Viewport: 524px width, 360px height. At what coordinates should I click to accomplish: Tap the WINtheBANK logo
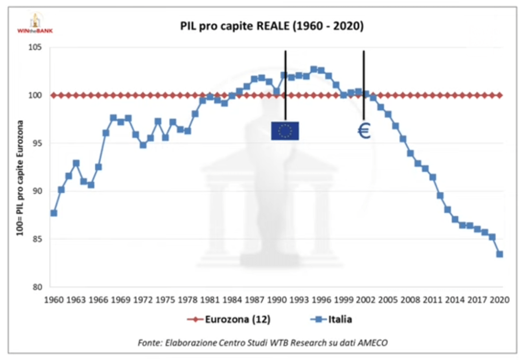click(35, 24)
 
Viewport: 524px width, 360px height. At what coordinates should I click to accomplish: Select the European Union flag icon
click(285, 131)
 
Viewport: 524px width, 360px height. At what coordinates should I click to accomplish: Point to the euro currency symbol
click(364, 131)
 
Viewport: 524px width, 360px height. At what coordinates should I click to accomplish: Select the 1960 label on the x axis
click(54, 300)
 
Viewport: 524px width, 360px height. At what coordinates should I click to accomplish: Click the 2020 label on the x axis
click(499, 300)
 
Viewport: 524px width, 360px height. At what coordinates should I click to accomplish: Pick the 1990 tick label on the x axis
click(277, 300)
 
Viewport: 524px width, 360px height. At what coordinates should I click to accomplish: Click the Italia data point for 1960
click(54, 213)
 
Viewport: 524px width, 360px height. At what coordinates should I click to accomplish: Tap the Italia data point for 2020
click(499, 254)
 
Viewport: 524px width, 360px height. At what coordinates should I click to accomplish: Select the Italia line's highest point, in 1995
click(314, 69)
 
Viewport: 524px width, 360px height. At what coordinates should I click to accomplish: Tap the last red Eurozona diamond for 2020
click(499, 95)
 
